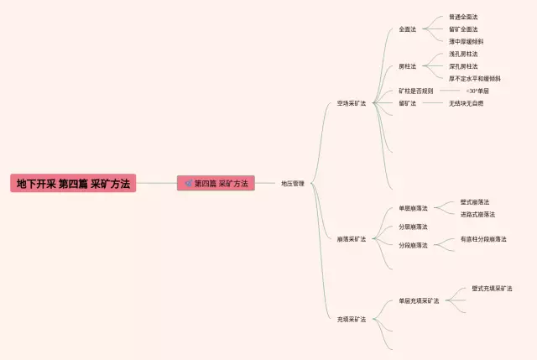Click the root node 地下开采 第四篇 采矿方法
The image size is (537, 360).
tap(73, 183)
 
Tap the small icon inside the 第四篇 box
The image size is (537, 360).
tap(188, 183)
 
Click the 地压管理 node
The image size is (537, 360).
tap(293, 183)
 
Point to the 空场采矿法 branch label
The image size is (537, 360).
tap(352, 103)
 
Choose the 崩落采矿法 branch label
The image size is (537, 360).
tap(352, 238)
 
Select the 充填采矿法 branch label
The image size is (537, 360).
tap(352, 319)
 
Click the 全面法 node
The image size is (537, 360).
tap(408, 29)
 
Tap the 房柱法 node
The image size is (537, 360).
tap(408, 66)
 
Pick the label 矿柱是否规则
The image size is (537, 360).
tap(416, 91)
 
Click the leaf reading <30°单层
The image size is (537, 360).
tap(477, 91)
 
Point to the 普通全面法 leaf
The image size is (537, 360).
tap(463, 17)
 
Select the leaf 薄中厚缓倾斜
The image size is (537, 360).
tap(466, 41)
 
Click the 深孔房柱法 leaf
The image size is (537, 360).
tap(463, 66)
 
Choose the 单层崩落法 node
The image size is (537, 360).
tap(413, 208)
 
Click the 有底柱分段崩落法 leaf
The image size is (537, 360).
tap(483, 239)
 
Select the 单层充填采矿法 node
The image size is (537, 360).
tap(419, 300)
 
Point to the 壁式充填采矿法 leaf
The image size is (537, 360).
tap(492, 288)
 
